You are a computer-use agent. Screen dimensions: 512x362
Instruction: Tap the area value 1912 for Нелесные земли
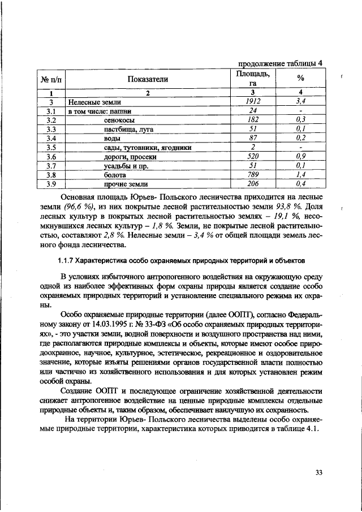click(x=253, y=101)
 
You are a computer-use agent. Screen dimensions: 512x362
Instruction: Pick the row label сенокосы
click(x=119, y=120)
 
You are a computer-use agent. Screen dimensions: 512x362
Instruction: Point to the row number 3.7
click(x=51, y=166)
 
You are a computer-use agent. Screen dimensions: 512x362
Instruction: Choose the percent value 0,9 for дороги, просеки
click(x=300, y=157)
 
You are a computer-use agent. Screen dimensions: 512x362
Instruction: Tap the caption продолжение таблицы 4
click(x=279, y=63)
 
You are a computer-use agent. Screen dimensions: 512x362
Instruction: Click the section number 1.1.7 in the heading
click(x=69, y=261)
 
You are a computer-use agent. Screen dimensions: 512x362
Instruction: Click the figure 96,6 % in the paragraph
click(x=84, y=207)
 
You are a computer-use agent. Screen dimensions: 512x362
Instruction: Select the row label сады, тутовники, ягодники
click(x=146, y=148)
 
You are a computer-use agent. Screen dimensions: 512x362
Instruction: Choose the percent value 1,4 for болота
click(x=300, y=175)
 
